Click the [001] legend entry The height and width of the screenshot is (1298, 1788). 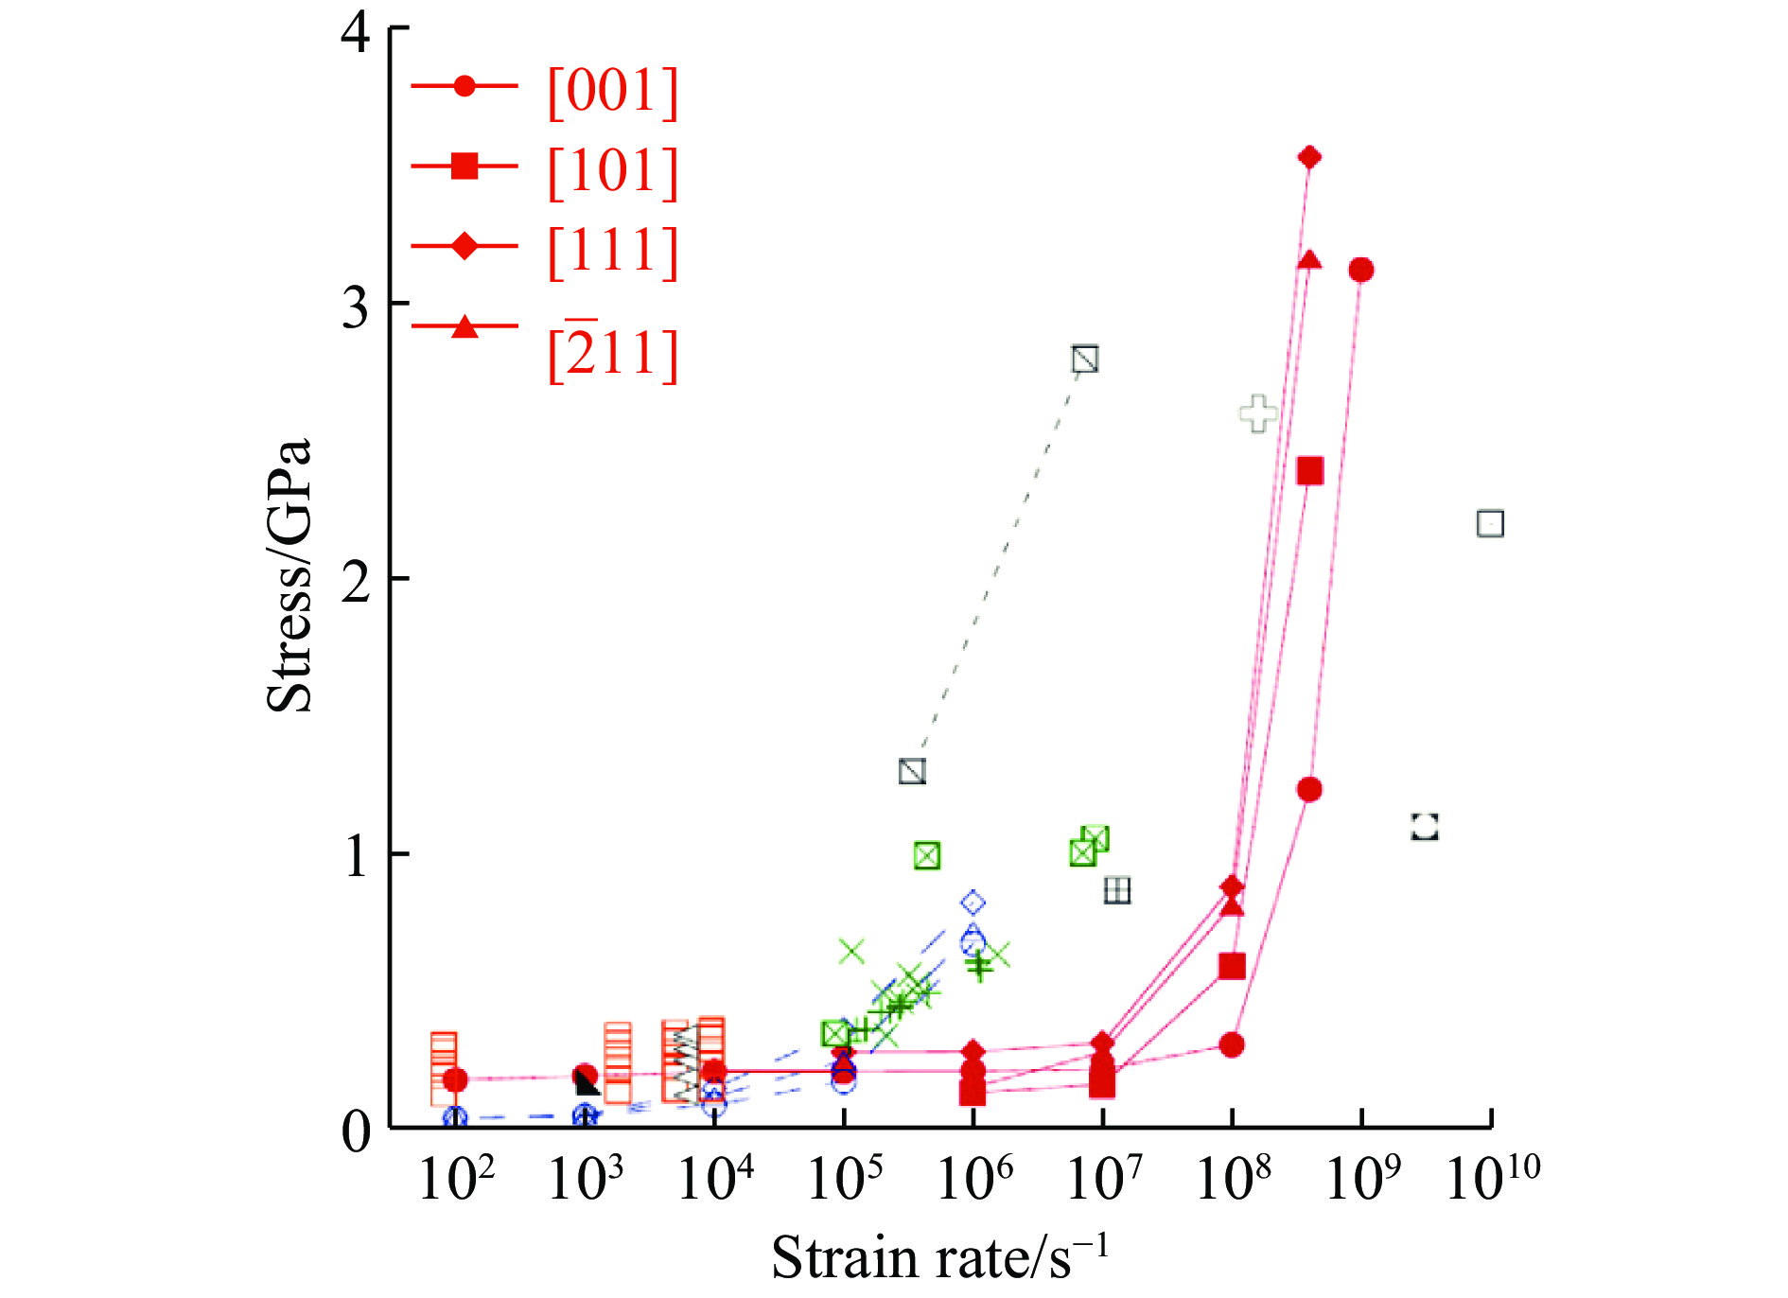pyautogui.click(x=613, y=92)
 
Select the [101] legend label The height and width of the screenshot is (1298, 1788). pyautogui.click(x=613, y=171)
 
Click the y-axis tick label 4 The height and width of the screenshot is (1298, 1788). pyautogui.click(x=356, y=32)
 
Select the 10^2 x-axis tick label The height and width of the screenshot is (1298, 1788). pyautogui.click(x=456, y=1179)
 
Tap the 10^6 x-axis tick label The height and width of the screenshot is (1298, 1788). pyautogui.click(x=974, y=1179)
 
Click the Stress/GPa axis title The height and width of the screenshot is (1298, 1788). pyautogui.click(x=289, y=575)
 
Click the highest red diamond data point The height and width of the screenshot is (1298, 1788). pyautogui.click(x=1309, y=157)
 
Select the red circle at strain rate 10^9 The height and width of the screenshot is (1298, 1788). pyautogui.click(x=1361, y=271)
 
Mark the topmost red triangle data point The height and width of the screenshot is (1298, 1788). pyautogui.click(x=1309, y=260)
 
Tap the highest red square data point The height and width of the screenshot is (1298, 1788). pyautogui.click(x=1309, y=471)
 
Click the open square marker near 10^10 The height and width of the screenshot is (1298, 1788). pyautogui.click(x=1490, y=523)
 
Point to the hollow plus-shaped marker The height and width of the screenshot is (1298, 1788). pyautogui.click(x=1257, y=413)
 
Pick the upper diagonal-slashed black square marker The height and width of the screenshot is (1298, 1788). pyautogui.click(x=1085, y=360)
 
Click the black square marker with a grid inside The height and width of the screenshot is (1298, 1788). pyautogui.click(x=1117, y=890)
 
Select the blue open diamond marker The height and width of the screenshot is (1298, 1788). pyautogui.click(x=973, y=903)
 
